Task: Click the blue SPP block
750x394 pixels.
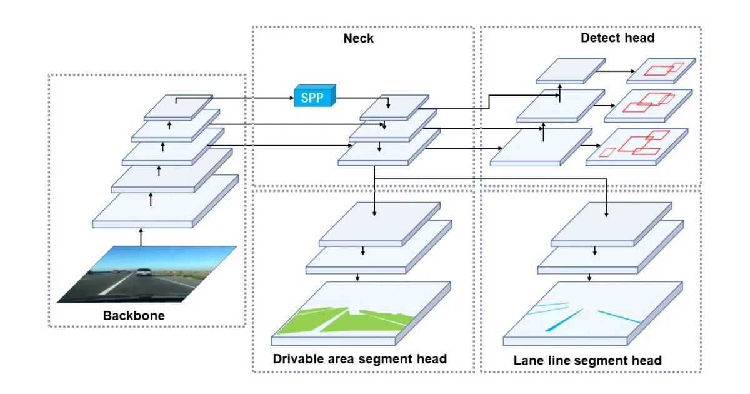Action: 315,96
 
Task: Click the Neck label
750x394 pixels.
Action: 358,38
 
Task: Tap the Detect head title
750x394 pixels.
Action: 617,38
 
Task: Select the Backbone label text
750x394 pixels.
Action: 134,316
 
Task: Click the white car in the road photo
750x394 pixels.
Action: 144,272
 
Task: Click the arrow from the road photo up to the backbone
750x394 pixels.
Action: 141,237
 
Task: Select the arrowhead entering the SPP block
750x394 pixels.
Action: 292,98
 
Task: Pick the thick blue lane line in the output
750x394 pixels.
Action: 564,321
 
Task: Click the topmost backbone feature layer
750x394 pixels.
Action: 178,107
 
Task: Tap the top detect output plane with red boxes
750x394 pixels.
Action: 661,71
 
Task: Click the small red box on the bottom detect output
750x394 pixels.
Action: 607,152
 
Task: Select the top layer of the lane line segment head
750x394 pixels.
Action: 611,224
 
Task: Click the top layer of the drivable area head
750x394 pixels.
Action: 379,224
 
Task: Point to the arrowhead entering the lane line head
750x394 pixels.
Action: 606,215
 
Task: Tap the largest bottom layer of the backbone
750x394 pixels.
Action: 166,201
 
